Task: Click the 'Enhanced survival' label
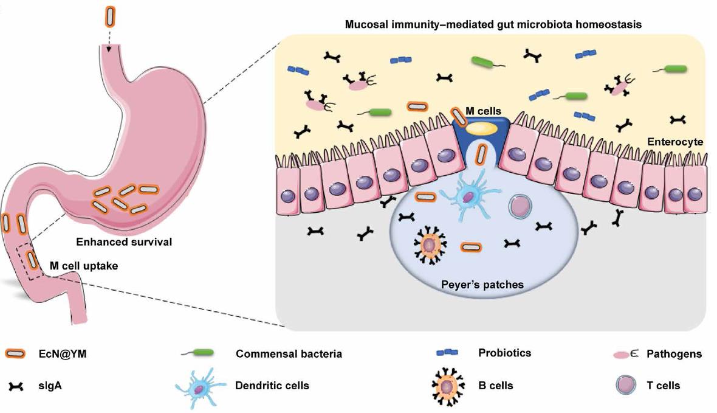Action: pyautogui.click(x=124, y=241)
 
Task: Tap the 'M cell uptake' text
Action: pyautogui.click(x=84, y=266)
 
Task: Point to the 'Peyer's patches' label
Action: pyautogui.click(x=482, y=285)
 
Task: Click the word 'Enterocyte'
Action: pyautogui.click(x=675, y=142)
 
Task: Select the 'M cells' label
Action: pyautogui.click(x=483, y=111)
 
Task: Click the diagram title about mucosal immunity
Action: pyautogui.click(x=493, y=24)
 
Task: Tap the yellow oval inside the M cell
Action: pyautogui.click(x=481, y=128)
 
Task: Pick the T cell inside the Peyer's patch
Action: pyautogui.click(x=520, y=207)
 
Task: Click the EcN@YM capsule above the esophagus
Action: pyautogui.click(x=110, y=16)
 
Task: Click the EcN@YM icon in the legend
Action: pyautogui.click(x=16, y=353)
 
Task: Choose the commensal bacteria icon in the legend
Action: pyautogui.click(x=198, y=353)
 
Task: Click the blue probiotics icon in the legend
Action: pyautogui.click(x=447, y=353)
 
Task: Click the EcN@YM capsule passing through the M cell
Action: pyautogui.click(x=481, y=154)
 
